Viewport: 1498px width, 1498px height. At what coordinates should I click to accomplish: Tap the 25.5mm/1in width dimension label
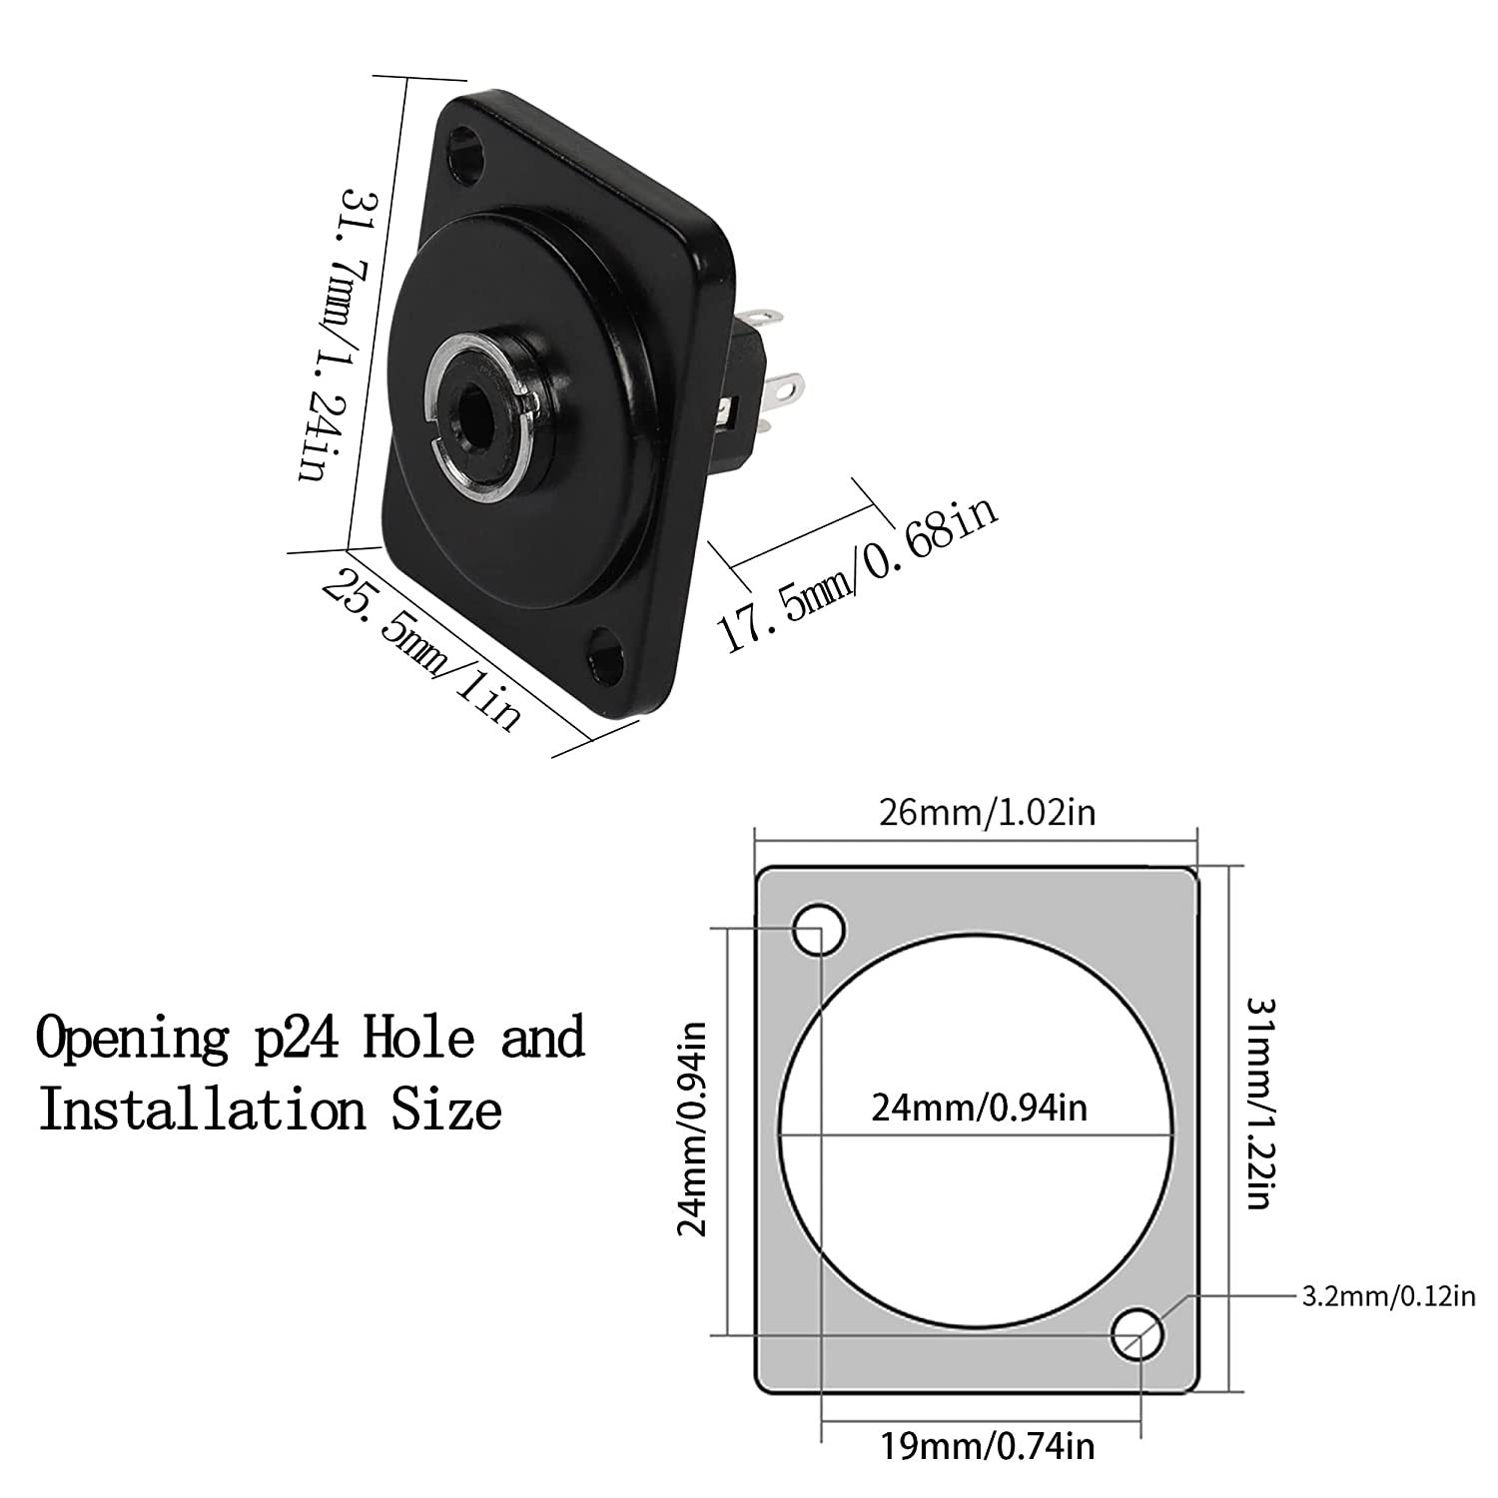[x=422, y=650]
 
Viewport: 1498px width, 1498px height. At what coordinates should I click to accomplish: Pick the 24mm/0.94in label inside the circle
[x=979, y=1108]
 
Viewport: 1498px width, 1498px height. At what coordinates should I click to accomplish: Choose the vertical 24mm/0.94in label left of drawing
[x=693, y=1127]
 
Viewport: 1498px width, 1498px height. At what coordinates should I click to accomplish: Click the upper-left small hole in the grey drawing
[x=819, y=928]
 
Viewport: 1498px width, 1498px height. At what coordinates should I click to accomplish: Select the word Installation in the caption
[x=200, y=1110]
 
